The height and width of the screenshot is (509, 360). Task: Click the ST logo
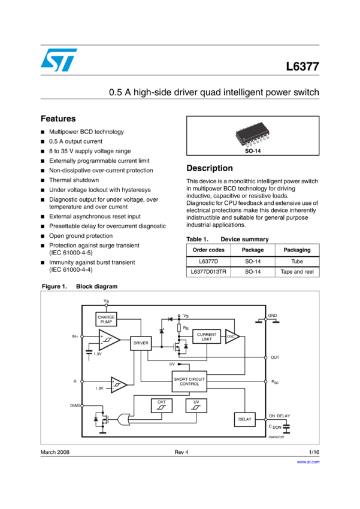coord(59,60)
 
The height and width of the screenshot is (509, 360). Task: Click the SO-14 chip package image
coord(252,135)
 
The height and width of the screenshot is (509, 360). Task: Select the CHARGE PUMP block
coord(106,319)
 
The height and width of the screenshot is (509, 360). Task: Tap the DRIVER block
coord(141,343)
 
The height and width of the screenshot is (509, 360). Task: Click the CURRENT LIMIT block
coord(206,337)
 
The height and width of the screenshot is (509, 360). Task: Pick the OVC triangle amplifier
coord(232,337)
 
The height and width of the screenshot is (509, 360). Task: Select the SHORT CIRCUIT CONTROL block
coord(189,381)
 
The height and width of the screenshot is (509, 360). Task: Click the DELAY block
coord(244,419)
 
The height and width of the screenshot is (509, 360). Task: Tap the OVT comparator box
coord(162,405)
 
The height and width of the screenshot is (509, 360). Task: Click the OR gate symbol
coord(126,420)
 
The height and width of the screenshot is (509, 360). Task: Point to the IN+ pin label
coord(74,337)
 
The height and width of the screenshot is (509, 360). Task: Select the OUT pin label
coord(275,357)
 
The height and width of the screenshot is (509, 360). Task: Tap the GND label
coord(273,316)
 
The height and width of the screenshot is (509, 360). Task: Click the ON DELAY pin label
coord(279,416)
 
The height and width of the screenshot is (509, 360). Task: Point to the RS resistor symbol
coord(179,329)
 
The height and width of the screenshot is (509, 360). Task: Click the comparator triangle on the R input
coord(119,384)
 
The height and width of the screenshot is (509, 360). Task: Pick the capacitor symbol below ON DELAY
coord(286,427)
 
